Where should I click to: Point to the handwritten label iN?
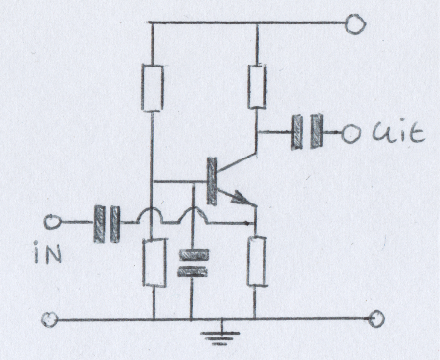[x=48, y=252]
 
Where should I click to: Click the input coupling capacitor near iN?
[x=107, y=224]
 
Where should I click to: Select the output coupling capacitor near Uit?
[x=307, y=131]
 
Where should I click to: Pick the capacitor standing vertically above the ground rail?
[x=193, y=263]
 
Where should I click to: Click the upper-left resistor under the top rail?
[x=153, y=88]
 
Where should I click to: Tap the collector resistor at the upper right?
[x=257, y=86]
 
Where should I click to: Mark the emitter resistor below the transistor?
[x=256, y=261]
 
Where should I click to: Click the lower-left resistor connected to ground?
[x=154, y=263]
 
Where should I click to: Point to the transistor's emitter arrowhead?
[x=240, y=197]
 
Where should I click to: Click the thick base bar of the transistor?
[x=212, y=181]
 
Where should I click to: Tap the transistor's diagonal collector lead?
[x=237, y=161]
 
